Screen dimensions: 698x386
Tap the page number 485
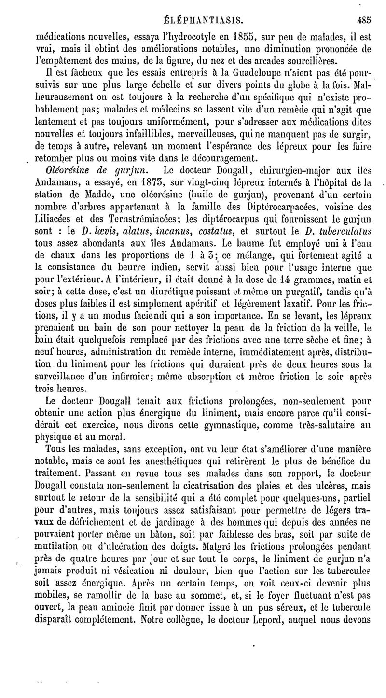tap(362, 21)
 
